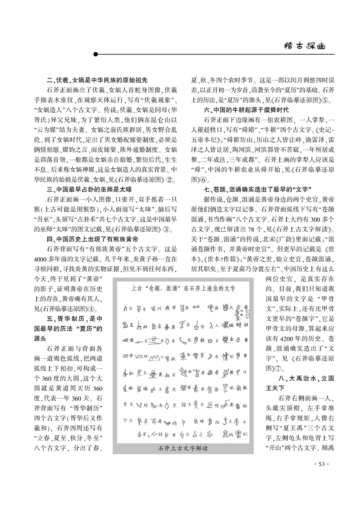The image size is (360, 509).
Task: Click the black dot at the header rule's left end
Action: pyautogui.click(x=95, y=54)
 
